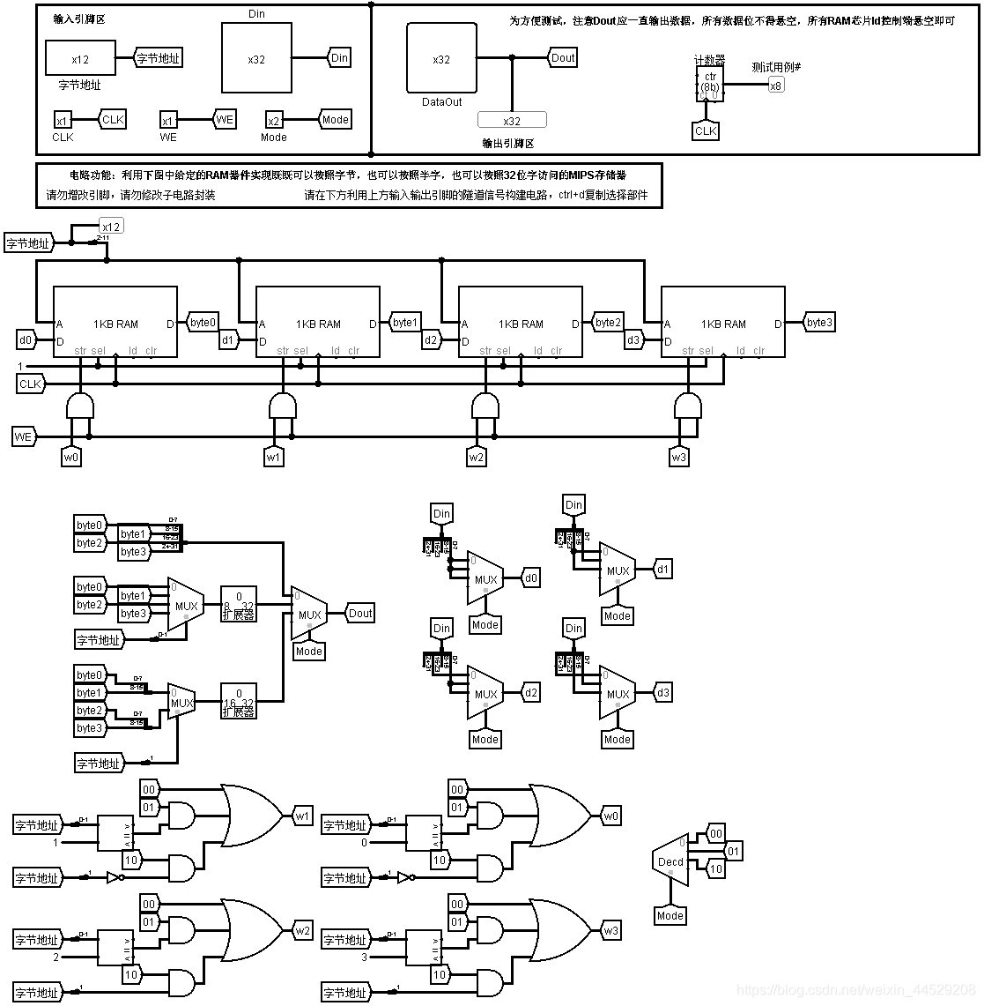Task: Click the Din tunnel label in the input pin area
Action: [x=339, y=58]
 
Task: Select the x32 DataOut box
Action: [x=441, y=59]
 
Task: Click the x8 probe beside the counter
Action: [x=775, y=86]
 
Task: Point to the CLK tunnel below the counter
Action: [x=706, y=131]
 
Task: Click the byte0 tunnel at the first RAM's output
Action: [x=203, y=323]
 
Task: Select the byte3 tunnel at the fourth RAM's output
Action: [x=818, y=323]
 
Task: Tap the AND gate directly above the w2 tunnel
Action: [x=485, y=406]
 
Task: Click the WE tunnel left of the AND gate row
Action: [x=24, y=436]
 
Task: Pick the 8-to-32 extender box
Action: [x=238, y=605]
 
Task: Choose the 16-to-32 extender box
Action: [x=238, y=702]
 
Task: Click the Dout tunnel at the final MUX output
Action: [x=360, y=614]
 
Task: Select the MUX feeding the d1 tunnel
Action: [x=617, y=570]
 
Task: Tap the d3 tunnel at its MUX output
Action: [x=662, y=693]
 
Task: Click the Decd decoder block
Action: [x=670, y=861]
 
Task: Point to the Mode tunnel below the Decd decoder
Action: [x=670, y=916]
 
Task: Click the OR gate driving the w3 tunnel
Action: [x=559, y=931]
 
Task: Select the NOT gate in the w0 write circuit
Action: [x=404, y=878]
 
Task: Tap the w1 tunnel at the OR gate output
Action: [x=302, y=816]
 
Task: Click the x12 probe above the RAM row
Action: [x=111, y=227]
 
